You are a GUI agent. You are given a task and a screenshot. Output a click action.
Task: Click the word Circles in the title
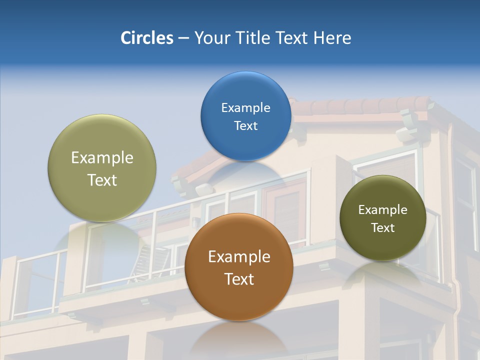[146, 38]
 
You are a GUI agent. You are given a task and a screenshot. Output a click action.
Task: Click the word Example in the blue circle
[245, 108]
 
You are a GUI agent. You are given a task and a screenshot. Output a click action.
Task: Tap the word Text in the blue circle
[245, 126]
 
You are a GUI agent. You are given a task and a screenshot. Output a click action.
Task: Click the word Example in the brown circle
[239, 257]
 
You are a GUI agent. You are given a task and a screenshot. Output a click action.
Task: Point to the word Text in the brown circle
[239, 279]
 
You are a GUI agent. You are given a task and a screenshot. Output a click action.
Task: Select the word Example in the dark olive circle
[383, 210]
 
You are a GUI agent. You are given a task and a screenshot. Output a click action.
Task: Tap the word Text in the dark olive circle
[383, 228]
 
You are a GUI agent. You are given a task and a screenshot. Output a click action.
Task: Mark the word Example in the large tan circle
[102, 158]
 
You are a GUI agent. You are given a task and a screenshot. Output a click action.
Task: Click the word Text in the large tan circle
[102, 180]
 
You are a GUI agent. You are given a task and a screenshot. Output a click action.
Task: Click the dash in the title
[183, 38]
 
